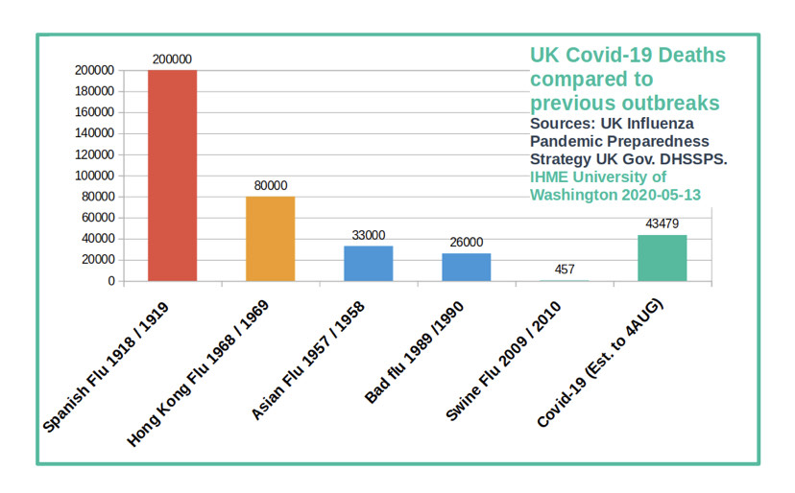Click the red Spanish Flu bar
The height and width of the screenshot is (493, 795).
coord(172,176)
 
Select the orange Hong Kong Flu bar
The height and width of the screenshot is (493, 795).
coord(270,239)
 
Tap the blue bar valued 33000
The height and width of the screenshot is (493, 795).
coord(368,264)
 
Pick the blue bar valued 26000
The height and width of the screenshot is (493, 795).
coord(466,268)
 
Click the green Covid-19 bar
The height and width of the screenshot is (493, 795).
coord(662,258)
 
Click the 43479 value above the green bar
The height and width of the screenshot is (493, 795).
coord(662,224)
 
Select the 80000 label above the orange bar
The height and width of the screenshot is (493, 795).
coord(270,186)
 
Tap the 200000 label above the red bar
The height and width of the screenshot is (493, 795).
coord(172,59)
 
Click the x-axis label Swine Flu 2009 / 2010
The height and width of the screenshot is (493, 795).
coord(505,360)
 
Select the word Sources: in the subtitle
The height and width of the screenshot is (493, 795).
coord(561,124)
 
